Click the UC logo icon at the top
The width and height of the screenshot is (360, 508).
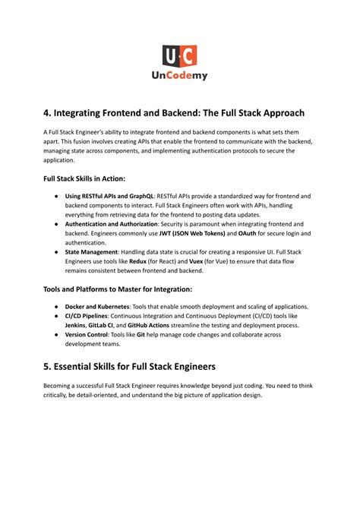[x=179, y=55]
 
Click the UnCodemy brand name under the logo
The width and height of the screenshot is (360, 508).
[x=179, y=76]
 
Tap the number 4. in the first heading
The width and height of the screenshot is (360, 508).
[x=48, y=113]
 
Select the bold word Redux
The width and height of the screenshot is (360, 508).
[x=141, y=262]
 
